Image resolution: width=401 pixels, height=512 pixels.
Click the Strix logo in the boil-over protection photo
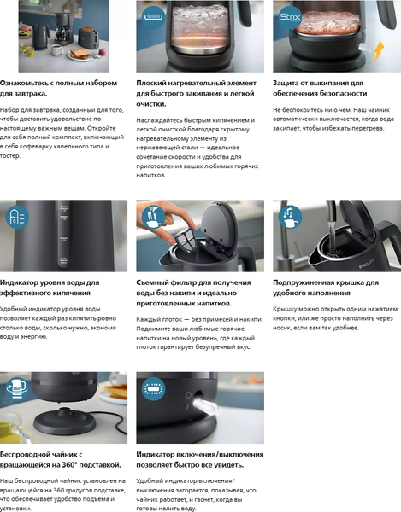click(x=287, y=16)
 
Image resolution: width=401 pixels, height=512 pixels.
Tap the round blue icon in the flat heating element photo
click(x=151, y=16)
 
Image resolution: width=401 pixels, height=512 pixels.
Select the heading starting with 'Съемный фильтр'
click(x=192, y=293)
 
